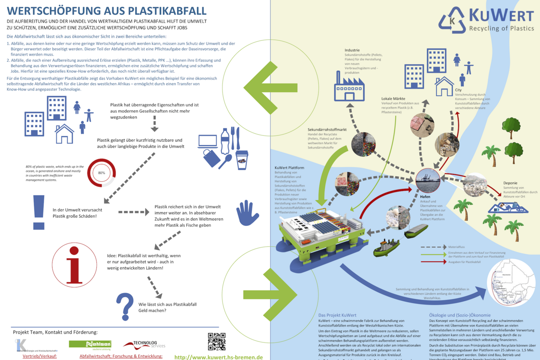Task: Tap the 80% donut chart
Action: click(101, 173)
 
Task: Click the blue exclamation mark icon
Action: click(39, 212)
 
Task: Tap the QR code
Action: click(216, 342)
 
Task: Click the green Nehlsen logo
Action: click(90, 344)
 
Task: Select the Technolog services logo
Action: click(144, 345)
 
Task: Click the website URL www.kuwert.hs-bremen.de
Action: click(219, 357)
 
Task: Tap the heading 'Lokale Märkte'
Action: click(393, 99)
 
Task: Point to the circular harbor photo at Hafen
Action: click(428, 180)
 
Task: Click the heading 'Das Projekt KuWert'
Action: click(337, 315)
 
